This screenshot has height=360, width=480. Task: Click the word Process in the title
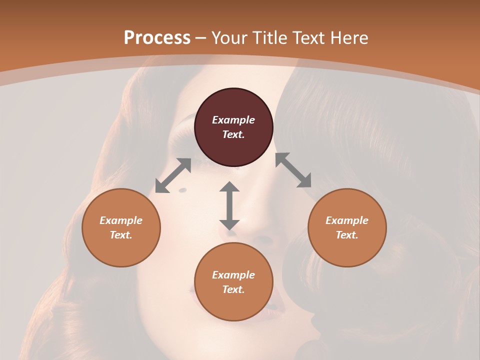[x=157, y=38]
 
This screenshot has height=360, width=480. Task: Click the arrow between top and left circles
[x=173, y=175]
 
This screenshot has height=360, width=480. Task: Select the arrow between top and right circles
[x=293, y=170]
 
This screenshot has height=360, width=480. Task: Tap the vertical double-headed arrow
[x=229, y=205]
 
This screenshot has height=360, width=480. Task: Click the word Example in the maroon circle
[x=233, y=120]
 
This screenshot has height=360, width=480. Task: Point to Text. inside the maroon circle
[x=233, y=134]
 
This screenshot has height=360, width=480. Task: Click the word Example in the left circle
[x=121, y=220]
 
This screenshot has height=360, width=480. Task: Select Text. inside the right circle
[x=347, y=235]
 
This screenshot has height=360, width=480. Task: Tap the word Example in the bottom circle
[x=233, y=275]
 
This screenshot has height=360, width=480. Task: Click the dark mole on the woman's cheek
[x=182, y=189]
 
